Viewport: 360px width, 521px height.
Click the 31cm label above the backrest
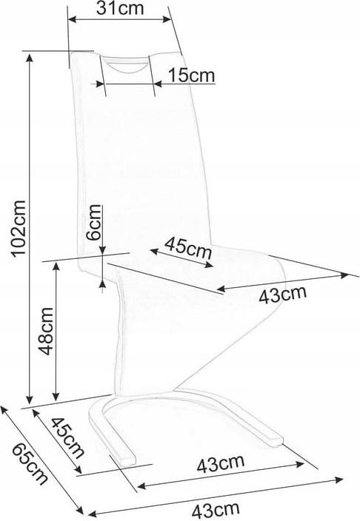point(120,9)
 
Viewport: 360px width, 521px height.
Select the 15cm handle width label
point(191,75)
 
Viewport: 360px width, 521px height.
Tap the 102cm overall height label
point(18,228)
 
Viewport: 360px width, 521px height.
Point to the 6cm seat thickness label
point(93,222)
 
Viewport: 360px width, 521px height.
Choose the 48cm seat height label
point(45,332)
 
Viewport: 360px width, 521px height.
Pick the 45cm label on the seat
point(188,247)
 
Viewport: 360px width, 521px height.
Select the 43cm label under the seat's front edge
point(282,295)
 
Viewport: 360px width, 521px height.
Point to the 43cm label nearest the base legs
point(221,463)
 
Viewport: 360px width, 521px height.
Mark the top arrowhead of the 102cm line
point(30,58)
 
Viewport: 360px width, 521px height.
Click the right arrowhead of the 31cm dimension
point(167,19)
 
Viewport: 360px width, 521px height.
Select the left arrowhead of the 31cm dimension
point(73,20)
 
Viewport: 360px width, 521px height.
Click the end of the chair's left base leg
point(130,463)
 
